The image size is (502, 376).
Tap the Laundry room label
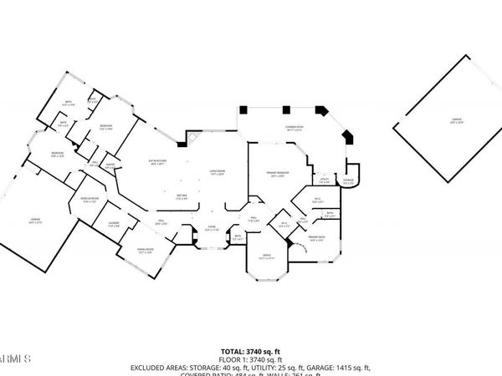(112, 226)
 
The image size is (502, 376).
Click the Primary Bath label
(316, 239)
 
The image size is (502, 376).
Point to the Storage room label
(349, 183)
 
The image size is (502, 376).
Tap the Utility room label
(324, 180)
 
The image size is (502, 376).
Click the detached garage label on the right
(457, 120)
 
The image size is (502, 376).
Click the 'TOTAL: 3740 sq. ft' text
(250, 351)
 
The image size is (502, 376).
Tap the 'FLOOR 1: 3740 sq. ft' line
(250, 359)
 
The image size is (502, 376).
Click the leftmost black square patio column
(242, 109)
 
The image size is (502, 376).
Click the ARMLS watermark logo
(15, 357)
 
